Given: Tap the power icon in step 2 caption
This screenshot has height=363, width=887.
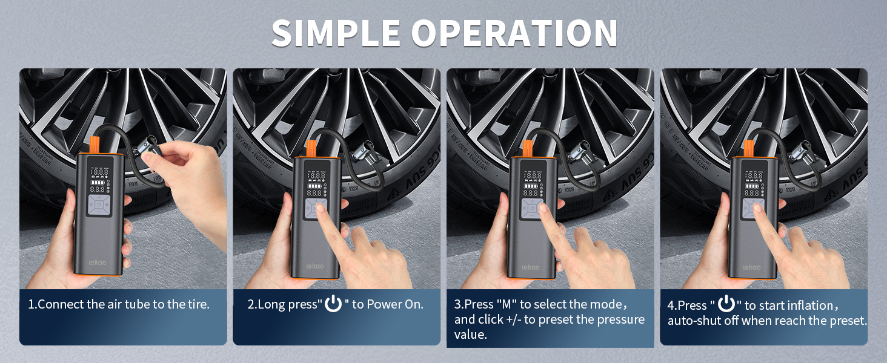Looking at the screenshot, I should point(333,304).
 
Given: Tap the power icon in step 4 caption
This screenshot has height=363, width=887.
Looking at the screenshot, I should point(726,304).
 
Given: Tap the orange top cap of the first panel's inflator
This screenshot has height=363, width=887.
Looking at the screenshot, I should point(95,145).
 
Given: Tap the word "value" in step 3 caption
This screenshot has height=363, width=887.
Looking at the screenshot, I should point(470,335).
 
